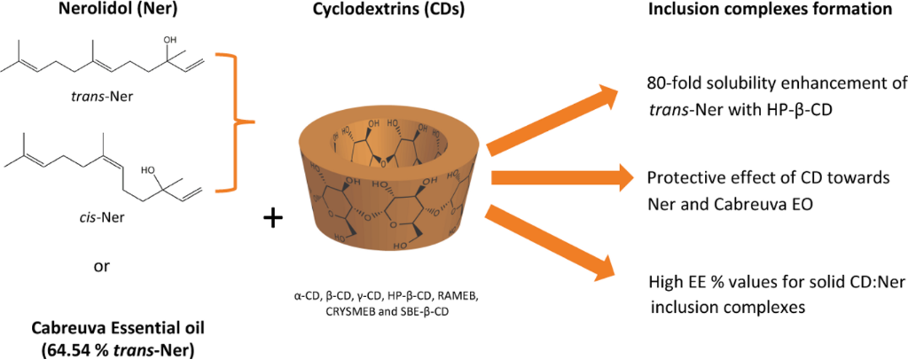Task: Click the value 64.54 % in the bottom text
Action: pos(78,348)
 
